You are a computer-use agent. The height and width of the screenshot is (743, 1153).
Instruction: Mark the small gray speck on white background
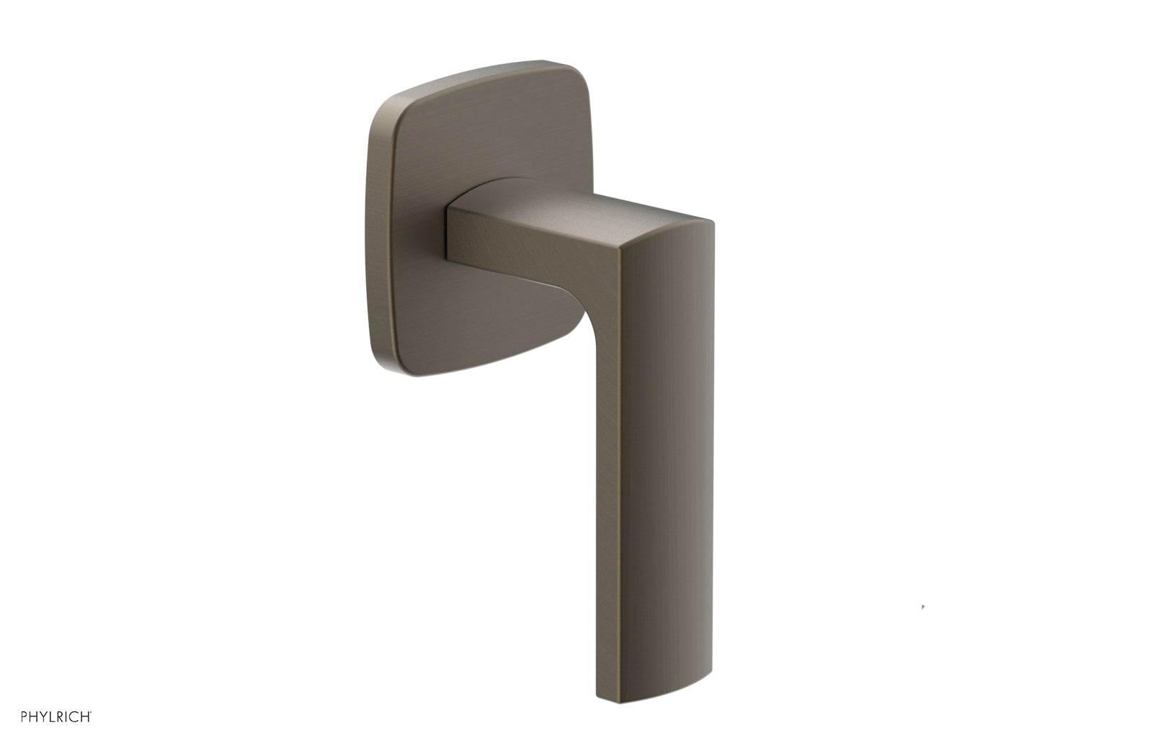(923, 607)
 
